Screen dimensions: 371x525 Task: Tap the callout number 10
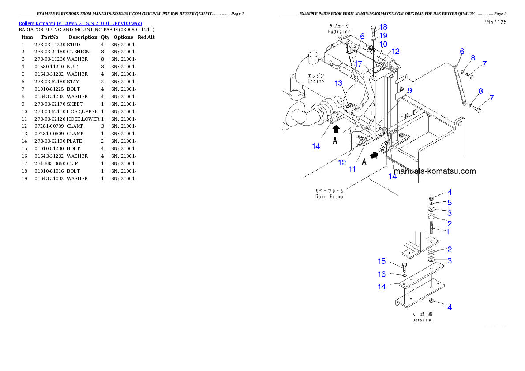[x=383, y=44]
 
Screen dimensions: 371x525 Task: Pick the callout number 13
[x=338, y=83]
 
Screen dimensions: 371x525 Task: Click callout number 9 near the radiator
[x=409, y=90]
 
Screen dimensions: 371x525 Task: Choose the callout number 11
[x=352, y=168]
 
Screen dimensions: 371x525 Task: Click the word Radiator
[x=338, y=32]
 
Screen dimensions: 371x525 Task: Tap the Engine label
[x=316, y=81]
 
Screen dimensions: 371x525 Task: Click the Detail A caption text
[x=422, y=320]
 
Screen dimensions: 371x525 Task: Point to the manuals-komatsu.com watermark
[x=435, y=171]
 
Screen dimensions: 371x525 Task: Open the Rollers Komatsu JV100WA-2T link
[x=80, y=23]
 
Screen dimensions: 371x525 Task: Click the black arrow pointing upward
[x=336, y=129]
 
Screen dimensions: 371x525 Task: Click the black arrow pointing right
[x=374, y=155]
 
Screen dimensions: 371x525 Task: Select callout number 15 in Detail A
[x=382, y=261]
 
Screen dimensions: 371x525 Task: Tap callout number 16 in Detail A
[x=382, y=274]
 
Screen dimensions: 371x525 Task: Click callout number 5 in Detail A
[x=450, y=202]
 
